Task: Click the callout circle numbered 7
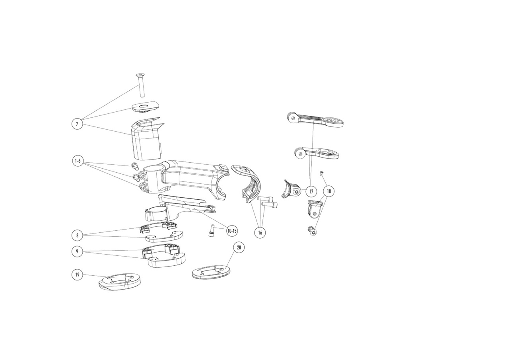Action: [77, 124]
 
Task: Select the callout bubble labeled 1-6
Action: [78, 161]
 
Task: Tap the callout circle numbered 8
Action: [77, 235]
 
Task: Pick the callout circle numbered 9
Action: [77, 251]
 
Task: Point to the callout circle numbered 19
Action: [77, 274]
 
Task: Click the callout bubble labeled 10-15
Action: [232, 231]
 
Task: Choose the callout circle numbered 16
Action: [260, 232]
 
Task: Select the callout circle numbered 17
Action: [311, 191]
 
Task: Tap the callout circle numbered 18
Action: [329, 191]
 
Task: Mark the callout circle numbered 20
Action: [239, 247]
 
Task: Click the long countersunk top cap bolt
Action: [141, 86]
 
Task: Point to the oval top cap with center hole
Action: [146, 107]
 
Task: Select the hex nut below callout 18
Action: [313, 231]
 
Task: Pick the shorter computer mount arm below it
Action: [316, 153]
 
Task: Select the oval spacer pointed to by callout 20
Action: [211, 272]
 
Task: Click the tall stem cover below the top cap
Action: [147, 139]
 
